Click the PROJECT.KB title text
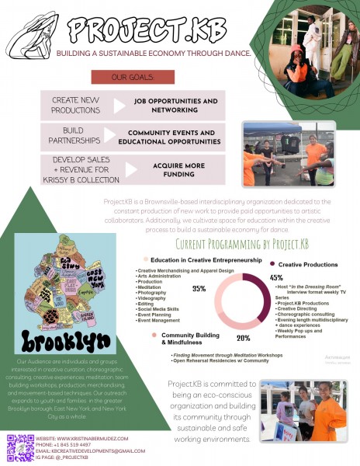point(147,30)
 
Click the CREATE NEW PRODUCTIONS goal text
point(75,105)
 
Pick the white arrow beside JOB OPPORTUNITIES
point(119,106)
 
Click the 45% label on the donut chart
point(275,277)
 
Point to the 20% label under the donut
point(243,338)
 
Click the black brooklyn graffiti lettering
point(60,340)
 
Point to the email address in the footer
point(90,450)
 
